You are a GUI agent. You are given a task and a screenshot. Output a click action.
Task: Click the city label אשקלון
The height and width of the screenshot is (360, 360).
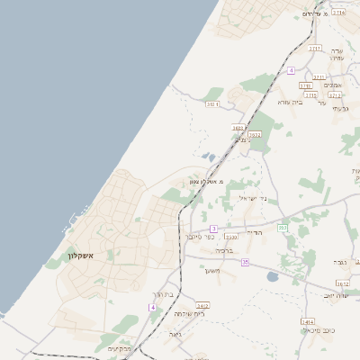pos(81,256)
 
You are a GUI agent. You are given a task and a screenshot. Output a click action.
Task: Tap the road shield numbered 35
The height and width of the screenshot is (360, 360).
pos(244,262)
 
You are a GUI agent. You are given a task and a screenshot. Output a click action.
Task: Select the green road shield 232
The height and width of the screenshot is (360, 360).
pos(282,227)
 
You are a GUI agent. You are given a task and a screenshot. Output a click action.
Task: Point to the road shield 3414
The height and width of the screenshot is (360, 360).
pos(308,321)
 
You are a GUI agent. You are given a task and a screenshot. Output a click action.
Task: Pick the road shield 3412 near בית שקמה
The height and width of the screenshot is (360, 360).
pos(203,305)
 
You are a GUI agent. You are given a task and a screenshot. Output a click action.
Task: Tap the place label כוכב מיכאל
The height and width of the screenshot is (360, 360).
pos(319,331)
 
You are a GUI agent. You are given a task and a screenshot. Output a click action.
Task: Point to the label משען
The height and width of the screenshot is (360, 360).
pos(212,270)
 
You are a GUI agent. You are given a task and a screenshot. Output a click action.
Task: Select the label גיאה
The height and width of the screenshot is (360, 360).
pos(175,333)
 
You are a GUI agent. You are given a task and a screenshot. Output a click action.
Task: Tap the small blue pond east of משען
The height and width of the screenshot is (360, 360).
pos(272,277)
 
